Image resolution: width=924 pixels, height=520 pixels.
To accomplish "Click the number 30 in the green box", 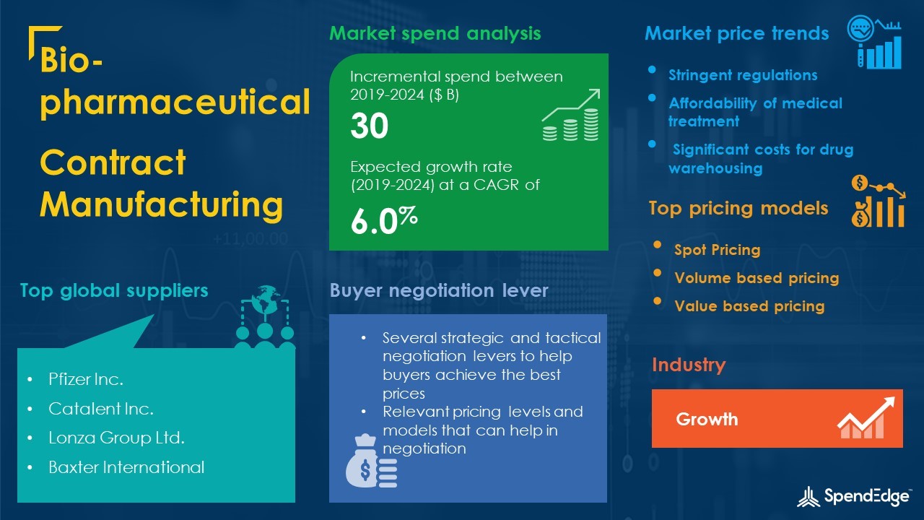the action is click(x=369, y=126).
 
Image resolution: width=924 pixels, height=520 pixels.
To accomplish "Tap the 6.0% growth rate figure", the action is click(x=384, y=220).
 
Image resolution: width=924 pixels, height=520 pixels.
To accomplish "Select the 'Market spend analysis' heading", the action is click(x=435, y=33).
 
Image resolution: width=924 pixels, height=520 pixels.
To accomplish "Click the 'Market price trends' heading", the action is click(x=737, y=33).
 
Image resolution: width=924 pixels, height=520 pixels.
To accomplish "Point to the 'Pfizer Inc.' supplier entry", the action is click(x=86, y=379).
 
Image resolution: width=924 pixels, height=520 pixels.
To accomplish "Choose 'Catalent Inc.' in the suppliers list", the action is click(x=101, y=409).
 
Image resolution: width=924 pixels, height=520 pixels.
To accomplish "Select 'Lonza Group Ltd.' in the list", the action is click(x=116, y=438).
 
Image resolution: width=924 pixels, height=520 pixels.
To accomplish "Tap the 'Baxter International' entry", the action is click(x=126, y=467).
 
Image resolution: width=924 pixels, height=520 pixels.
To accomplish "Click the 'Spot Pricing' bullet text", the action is click(x=718, y=250).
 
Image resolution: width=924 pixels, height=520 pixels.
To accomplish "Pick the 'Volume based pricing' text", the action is click(x=757, y=278).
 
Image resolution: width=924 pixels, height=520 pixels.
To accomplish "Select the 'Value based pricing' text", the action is click(x=749, y=306).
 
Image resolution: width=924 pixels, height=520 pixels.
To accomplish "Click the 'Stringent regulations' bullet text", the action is click(x=743, y=75).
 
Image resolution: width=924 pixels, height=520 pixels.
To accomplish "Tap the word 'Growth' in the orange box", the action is click(x=707, y=420).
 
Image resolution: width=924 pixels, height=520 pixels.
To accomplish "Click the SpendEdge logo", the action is click(x=853, y=496).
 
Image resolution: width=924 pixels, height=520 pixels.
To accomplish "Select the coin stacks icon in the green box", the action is click(x=571, y=115).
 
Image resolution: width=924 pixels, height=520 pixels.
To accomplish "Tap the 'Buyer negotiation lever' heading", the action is click(x=439, y=290).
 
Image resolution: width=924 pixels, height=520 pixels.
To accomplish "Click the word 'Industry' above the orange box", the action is click(x=689, y=365).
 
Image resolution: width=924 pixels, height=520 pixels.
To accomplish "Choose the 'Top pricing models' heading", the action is click(x=738, y=209).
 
